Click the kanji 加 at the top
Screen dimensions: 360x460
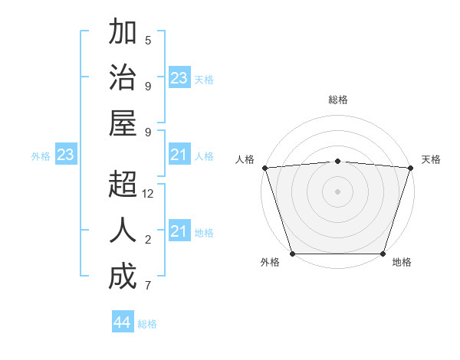point(123,34)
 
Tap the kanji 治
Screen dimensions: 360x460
point(123,79)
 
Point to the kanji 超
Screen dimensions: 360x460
point(123,186)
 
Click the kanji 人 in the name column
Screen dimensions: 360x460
point(123,231)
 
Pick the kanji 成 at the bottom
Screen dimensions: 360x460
point(123,277)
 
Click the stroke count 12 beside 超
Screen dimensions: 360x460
point(148,195)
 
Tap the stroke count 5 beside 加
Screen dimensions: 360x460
point(148,41)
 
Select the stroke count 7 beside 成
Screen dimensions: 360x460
point(148,286)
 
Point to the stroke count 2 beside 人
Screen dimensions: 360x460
point(148,241)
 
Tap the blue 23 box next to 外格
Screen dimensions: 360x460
point(65,155)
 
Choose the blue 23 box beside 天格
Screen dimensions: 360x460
point(179,78)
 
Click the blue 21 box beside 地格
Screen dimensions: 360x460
point(179,231)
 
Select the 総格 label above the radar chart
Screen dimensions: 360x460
point(338,100)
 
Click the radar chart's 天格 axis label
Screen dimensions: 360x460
point(431,159)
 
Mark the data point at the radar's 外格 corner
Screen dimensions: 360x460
point(292,254)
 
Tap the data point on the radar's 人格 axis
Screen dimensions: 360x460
point(264,168)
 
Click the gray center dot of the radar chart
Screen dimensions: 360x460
point(337,191)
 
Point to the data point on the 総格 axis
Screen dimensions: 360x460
point(337,161)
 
